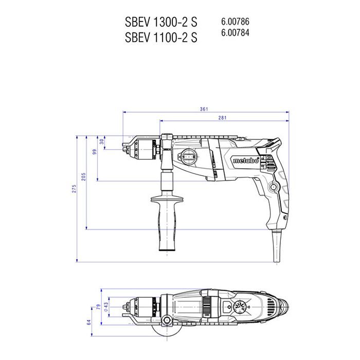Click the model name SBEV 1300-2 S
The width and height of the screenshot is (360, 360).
pos(161,22)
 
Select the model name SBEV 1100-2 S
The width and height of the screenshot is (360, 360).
pos(161,37)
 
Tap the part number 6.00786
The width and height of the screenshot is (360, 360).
pos(235,22)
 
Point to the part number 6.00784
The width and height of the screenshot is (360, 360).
pos(235,32)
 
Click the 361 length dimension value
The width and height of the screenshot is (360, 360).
pos(204,109)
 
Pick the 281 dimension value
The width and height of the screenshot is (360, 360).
pos(222,118)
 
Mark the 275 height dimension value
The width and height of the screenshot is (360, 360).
pos(74,189)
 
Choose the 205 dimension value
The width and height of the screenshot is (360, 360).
pos(83,176)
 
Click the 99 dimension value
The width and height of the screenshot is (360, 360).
pos(95,152)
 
